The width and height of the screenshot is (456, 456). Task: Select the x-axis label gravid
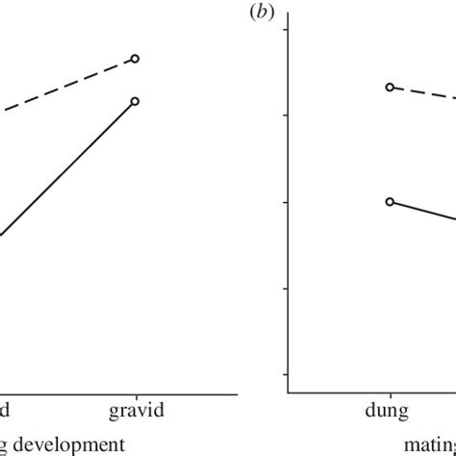(137, 410)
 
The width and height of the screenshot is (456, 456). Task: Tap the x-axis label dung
(389, 410)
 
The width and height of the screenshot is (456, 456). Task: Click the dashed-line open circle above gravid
(136, 59)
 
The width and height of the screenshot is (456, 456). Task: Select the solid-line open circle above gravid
(136, 101)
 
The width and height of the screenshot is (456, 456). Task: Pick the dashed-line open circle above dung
(390, 87)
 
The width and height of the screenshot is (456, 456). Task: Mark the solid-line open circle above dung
(390, 201)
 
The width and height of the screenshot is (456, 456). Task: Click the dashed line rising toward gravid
(67, 87)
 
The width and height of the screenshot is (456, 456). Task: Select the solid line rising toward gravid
(67, 168)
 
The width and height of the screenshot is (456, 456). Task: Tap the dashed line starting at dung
(423, 92)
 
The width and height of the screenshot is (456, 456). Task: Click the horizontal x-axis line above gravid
(136, 392)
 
